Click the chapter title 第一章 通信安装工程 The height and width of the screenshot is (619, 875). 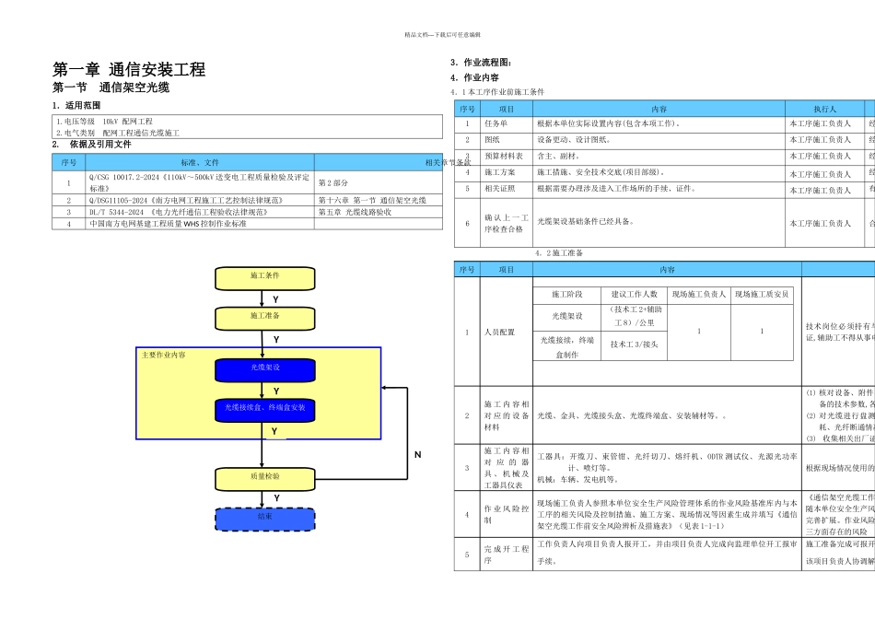(x=129, y=69)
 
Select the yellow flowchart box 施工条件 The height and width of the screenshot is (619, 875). (x=264, y=275)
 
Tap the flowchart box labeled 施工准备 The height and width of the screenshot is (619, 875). (x=264, y=316)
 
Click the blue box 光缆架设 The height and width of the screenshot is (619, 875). (x=264, y=368)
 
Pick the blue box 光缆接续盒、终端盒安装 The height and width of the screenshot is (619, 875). (x=264, y=407)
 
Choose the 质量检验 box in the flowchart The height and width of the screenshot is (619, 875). (x=264, y=477)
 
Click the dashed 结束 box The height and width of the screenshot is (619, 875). (x=264, y=518)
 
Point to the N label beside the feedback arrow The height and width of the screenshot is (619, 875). (x=417, y=454)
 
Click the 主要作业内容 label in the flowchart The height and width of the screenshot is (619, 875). (x=163, y=355)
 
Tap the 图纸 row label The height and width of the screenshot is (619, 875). (x=492, y=140)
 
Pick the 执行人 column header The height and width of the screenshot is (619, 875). (x=824, y=109)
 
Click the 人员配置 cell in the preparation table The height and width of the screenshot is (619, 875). (x=500, y=332)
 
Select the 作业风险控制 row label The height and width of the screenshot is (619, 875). (x=507, y=514)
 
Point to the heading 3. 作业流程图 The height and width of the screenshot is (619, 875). (x=481, y=63)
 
